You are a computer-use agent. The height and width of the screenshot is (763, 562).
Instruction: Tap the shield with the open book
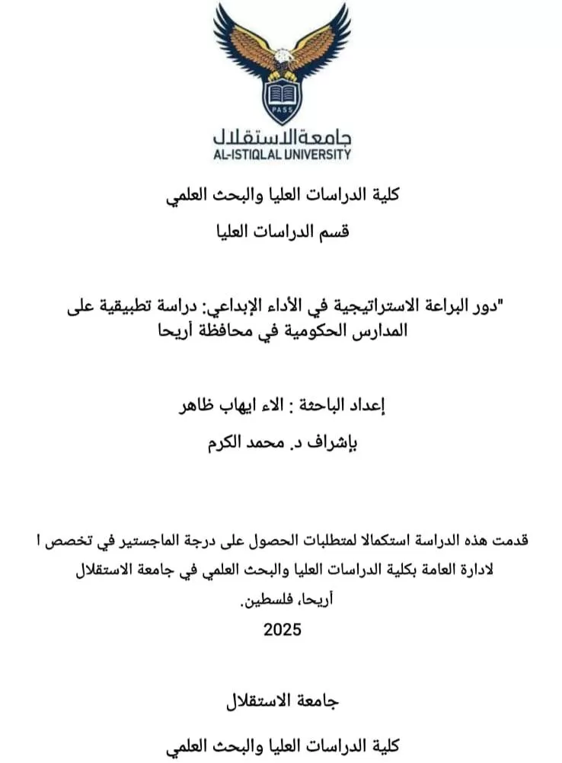tap(282, 99)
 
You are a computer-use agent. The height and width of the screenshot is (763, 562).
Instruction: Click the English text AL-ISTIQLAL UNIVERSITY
tap(282, 154)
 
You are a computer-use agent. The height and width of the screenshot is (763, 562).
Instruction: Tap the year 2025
tap(283, 630)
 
